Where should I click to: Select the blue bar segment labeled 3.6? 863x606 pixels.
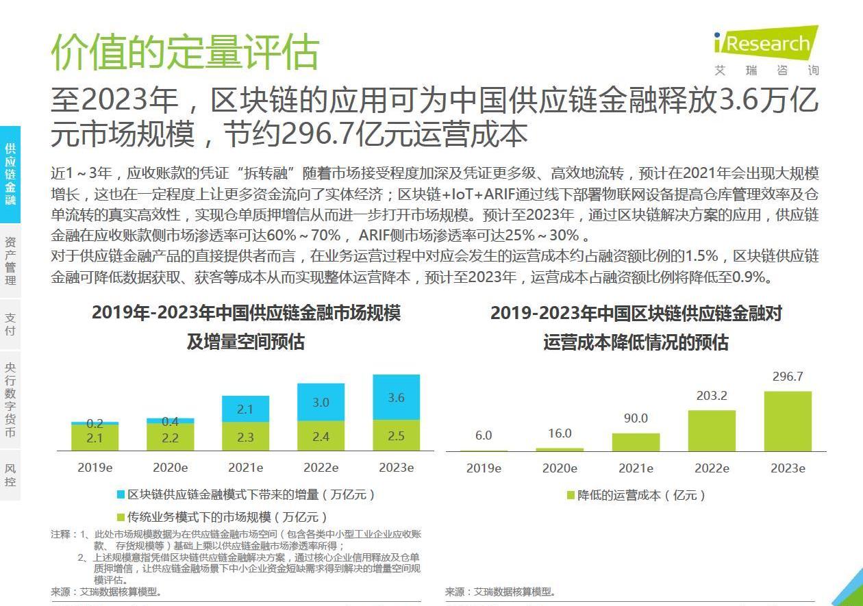point(396,396)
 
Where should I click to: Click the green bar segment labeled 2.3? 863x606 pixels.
point(245,436)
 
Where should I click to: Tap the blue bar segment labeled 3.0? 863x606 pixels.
point(321,402)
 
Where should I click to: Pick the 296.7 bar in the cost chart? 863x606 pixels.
point(787,421)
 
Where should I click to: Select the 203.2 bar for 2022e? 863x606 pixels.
point(712,430)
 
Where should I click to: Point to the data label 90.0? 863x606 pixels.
point(636,418)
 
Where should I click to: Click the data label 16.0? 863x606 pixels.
point(560,433)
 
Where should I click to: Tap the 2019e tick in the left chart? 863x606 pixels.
point(95,468)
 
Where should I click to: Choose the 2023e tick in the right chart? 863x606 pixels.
point(788,468)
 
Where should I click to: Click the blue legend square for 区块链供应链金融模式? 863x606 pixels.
point(121,494)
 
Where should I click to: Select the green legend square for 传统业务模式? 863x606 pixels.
point(121,517)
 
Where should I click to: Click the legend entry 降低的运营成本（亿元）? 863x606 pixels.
point(641,495)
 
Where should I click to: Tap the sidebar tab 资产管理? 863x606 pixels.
point(10,260)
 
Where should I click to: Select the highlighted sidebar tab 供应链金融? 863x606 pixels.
point(10,174)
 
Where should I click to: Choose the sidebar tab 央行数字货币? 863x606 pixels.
point(10,399)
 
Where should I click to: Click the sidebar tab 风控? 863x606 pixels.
point(10,475)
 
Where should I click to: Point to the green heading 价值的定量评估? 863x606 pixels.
point(185,51)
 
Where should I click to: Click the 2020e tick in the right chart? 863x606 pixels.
point(560,468)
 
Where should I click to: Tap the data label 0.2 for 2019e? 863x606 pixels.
point(95,424)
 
